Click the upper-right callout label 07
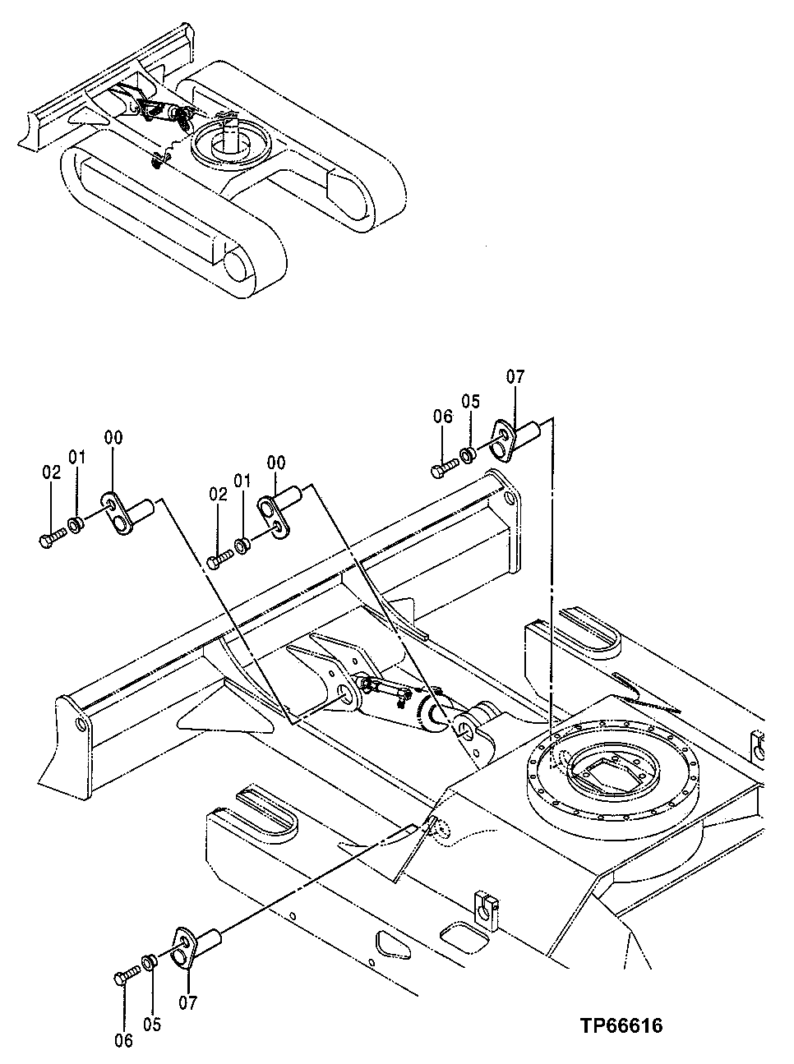(515, 377)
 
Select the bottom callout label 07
(188, 1002)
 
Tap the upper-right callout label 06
(443, 417)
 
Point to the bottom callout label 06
(122, 1040)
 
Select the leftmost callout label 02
(51, 472)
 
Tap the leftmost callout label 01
(76, 457)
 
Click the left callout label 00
(113, 439)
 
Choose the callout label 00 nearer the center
(275, 463)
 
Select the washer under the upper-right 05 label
(466, 454)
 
